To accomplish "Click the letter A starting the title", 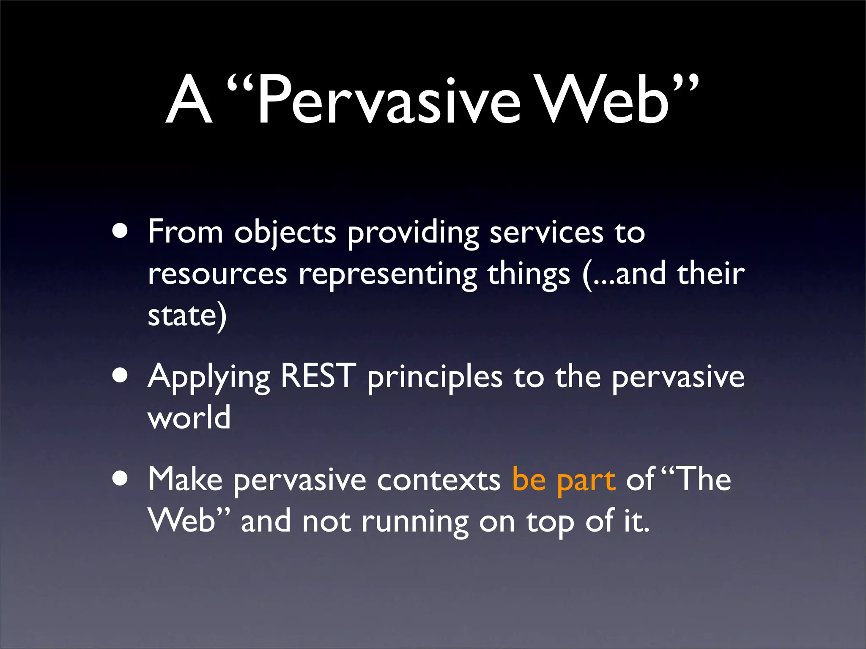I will pos(189,101).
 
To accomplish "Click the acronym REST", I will pos(318,376).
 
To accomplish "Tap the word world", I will pos(189,417).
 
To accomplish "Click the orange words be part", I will pos(563,480).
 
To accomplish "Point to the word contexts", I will pos(438,480).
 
